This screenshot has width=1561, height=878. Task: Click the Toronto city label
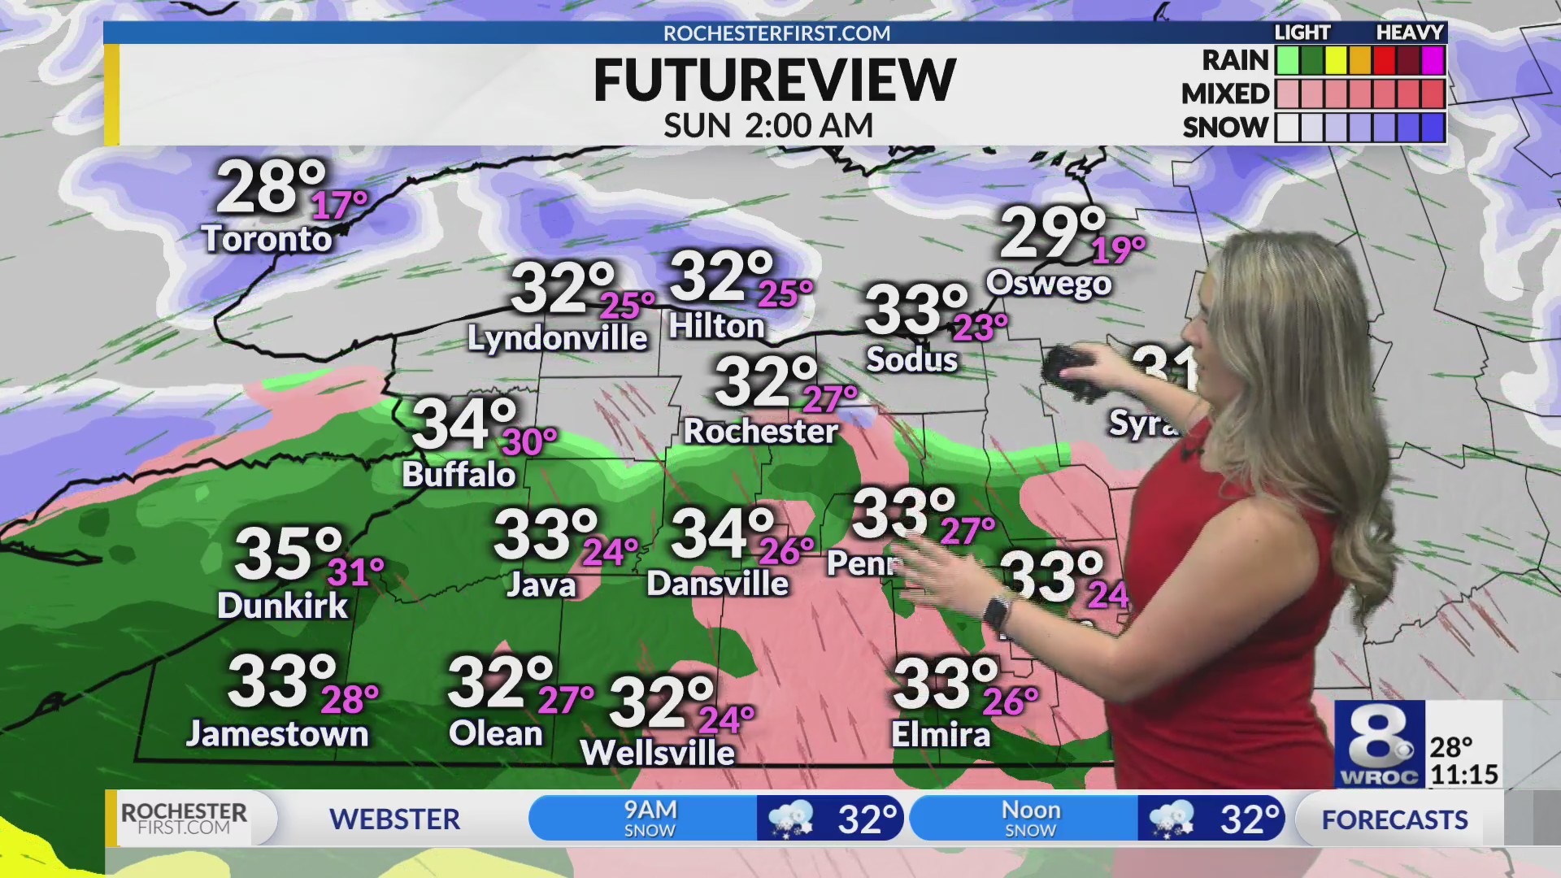pyautogui.click(x=267, y=238)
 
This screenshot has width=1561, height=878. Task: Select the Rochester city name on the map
pyautogui.click(x=760, y=431)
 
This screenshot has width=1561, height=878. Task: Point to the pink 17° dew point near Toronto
pyautogui.click(x=339, y=204)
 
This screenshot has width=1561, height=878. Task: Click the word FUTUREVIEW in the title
pyautogui.click(x=774, y=80)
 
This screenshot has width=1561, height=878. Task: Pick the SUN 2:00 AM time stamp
pyautogui.click(x=768, y=126)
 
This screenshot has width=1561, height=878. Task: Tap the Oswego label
pyautogui.click(x=1049, y=283)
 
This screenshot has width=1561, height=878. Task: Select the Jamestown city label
pyautogui.click(x=277, y=733)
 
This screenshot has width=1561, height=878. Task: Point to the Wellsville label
pyautogui.click(x=657, y=753)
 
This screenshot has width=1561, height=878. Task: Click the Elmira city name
pyautogui.click(x=941, y=735)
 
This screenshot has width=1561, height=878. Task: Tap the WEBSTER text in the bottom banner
pyautogui.click(x=394, y=819)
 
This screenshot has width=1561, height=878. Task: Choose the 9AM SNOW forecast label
pyautogui.click(x=650, y=818)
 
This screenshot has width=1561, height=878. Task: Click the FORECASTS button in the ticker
pyautogui.click(x=1394, y=819)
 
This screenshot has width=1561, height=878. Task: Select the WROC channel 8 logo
pyautogui.click(x=1379, y=744)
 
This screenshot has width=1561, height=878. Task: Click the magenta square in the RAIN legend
pyautogui.click(x=1433, y=60)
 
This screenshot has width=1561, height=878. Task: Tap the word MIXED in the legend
pyautogui.click(x=1224, y=94)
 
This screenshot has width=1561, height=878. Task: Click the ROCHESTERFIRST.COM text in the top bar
pyautogui.click(x=776, y=33)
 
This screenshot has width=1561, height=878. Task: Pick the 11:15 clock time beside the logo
pyautogui.click(x=1464, y=774)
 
